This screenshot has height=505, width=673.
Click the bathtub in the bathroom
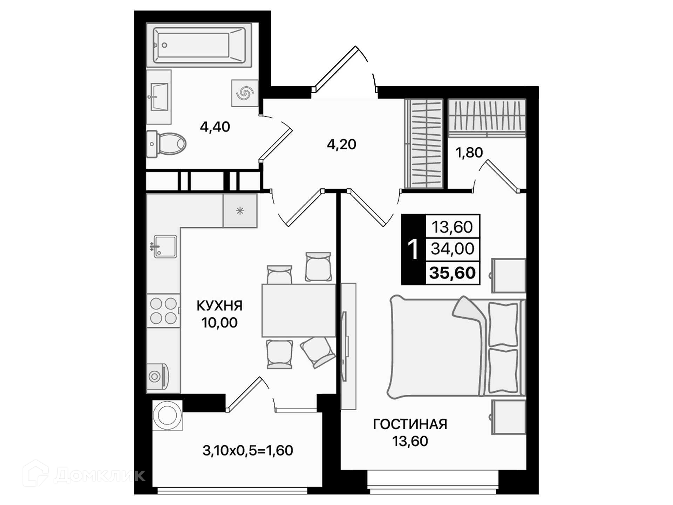point(199,45)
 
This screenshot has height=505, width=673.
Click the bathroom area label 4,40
point(215,127)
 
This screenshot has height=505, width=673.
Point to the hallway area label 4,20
point(341,144)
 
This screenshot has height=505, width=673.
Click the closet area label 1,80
point(469,153)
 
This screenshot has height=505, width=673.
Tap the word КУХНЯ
point(219,306)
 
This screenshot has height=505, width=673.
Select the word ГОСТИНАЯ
point(410,424)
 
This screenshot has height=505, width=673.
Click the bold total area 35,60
point(452,272)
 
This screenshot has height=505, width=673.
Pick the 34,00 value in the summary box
point(452,249)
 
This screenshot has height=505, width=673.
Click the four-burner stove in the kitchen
point(163,311)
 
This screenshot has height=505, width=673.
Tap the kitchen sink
point(165,247)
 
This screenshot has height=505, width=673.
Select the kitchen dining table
point(299,311)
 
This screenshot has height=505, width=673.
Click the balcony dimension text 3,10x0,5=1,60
point(248,451)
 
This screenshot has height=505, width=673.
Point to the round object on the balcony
point(168,415)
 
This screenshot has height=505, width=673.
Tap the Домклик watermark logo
point(84,474)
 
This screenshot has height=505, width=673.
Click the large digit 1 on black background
point(413,250)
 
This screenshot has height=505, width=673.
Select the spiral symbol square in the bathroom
point(245,93)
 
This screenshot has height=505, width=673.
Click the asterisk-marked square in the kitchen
point(240,211)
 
